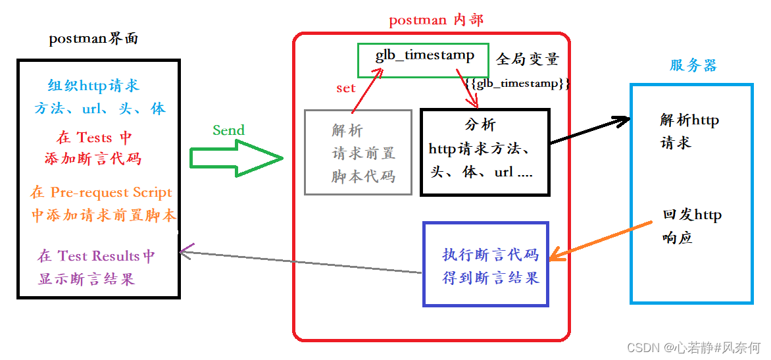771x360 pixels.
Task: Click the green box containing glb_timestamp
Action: pyautogui.click(x=424, y=60)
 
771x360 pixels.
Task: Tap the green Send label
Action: pyautogui.click(x=228, y=130)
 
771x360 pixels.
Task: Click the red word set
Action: pyautogui.click(x=345, y=88)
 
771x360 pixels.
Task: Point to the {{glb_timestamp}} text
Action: pyautogui.click(x=516, y=84)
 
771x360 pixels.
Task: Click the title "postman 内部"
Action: pyautogui.click(x=435, y=20)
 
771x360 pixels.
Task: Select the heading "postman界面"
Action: pyautogui.click(x=93, y=39)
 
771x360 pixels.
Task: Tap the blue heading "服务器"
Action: pyautogui.click(x=693, y=65)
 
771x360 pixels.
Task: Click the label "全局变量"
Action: pyautogui.click(x=527, y=59)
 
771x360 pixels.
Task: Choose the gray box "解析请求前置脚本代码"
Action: pyautogui.click(x=359, y=153)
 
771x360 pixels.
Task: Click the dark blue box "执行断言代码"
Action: pyautogui.click(x=486, y=265)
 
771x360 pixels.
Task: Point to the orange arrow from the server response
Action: pyautogui.click(x=595, y=242)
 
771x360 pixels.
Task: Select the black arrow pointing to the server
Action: pyautogui.click(x=589, y=130)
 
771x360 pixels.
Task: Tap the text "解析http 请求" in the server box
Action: pyautogui.click(x=689, y=131)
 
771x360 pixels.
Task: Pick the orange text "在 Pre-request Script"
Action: pyautogui.click(x=101, y=192)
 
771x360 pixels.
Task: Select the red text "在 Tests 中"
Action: pyautogui.click(x=94, y=137)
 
